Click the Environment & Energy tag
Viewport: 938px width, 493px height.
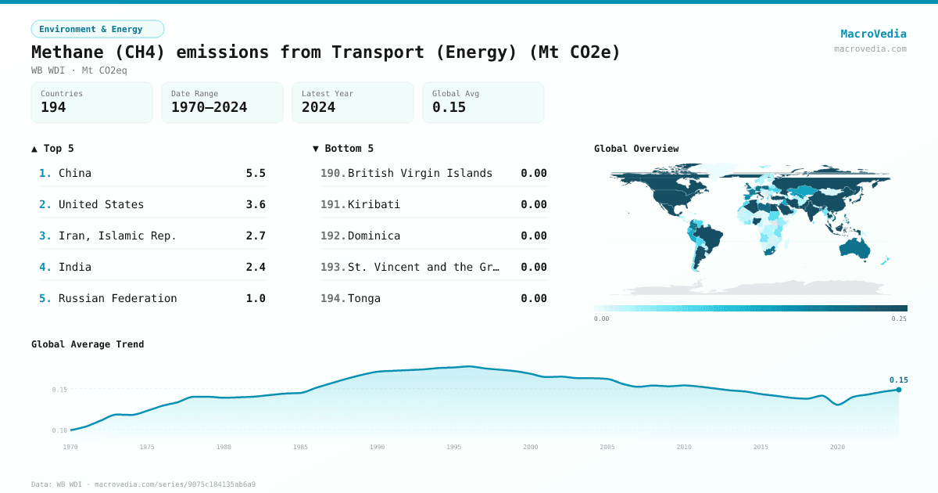[97, 29]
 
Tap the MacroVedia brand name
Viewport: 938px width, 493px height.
[873, 34]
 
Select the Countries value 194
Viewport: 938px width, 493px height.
[53, 107]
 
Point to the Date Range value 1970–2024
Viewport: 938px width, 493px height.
[209, 107]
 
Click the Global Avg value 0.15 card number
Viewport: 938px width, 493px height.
[449, 107]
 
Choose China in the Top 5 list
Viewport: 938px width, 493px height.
[75, 173]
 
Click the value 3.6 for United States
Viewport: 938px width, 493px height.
[256, 204]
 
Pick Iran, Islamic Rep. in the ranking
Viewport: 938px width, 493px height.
[117, 236]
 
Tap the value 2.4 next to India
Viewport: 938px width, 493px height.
[256, 267]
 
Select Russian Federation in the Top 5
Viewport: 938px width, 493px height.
[117, 298]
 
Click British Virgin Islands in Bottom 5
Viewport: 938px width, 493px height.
[420, 173]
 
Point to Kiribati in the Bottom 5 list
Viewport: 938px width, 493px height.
[374, 204]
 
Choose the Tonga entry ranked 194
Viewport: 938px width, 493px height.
[364, 298]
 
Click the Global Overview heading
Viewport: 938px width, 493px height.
[636, 149]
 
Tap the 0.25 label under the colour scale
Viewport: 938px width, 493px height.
[899, 318]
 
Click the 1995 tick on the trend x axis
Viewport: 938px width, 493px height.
[454, 447]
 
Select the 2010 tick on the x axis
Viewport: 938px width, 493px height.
[684, 447]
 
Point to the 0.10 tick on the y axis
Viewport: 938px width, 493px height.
[59, 430]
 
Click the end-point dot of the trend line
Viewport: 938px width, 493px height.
[899, 390]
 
